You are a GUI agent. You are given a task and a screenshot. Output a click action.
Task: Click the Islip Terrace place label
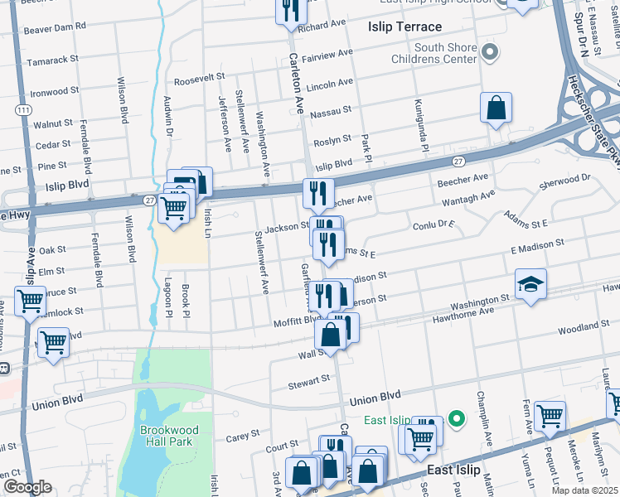pos(405,27)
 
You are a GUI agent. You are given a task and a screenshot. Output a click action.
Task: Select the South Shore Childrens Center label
pos(446,54)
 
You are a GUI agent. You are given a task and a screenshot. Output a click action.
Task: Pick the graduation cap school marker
pos(531,284)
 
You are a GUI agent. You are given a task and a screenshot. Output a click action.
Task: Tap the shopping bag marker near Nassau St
pos(496,109)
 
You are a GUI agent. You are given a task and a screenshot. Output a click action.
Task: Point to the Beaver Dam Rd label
pos(56,27)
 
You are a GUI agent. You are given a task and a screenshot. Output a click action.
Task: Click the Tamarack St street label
pos(52,60)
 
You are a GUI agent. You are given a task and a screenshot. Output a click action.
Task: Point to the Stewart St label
pos(309,382)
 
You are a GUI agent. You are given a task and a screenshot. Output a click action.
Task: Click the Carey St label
pos(243,432)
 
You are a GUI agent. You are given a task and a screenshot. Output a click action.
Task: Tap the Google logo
pos(27,487)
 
